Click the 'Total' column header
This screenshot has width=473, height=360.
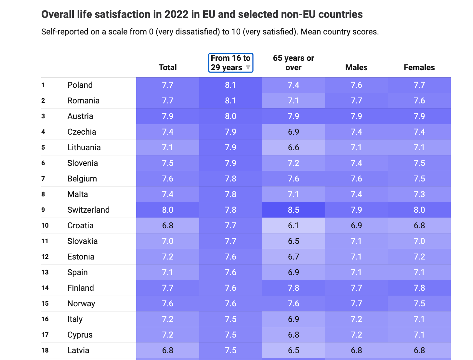[167, 67]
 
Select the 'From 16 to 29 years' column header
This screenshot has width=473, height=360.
[230, 62]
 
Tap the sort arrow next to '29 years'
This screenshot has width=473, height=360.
[248, 68]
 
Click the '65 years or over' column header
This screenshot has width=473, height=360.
[293, 62]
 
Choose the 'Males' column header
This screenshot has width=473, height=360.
[356, 67]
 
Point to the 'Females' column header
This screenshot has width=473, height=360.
[419, 67]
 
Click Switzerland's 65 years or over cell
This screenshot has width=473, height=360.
[293, 210]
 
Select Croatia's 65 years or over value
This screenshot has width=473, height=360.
[293, 225]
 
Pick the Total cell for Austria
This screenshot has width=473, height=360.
[167, 116]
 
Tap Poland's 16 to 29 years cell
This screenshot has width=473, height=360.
[230, 85]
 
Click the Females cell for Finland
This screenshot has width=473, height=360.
[419, 288]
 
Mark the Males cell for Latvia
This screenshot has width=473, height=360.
[356, 350]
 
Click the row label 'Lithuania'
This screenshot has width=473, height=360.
[84, 147]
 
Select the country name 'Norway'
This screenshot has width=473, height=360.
[81, 303]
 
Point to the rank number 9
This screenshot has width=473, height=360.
[43, 210]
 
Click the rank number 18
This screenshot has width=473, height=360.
[45, 350]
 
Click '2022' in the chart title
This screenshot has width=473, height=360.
[176, 14]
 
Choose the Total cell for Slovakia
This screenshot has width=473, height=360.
[167, 241]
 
